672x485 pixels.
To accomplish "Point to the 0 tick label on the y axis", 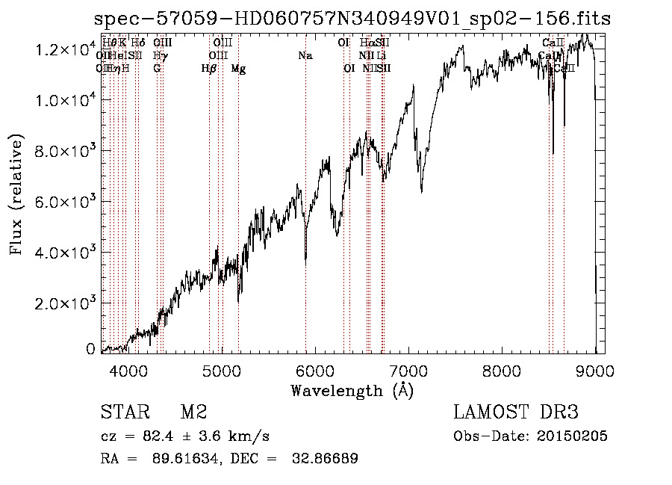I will tap(90, 349).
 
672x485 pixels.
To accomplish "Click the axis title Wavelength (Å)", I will tap(352, 390).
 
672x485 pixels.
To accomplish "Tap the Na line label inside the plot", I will tap(305, 55).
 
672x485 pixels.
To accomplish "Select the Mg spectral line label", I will tap(238, 69).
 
